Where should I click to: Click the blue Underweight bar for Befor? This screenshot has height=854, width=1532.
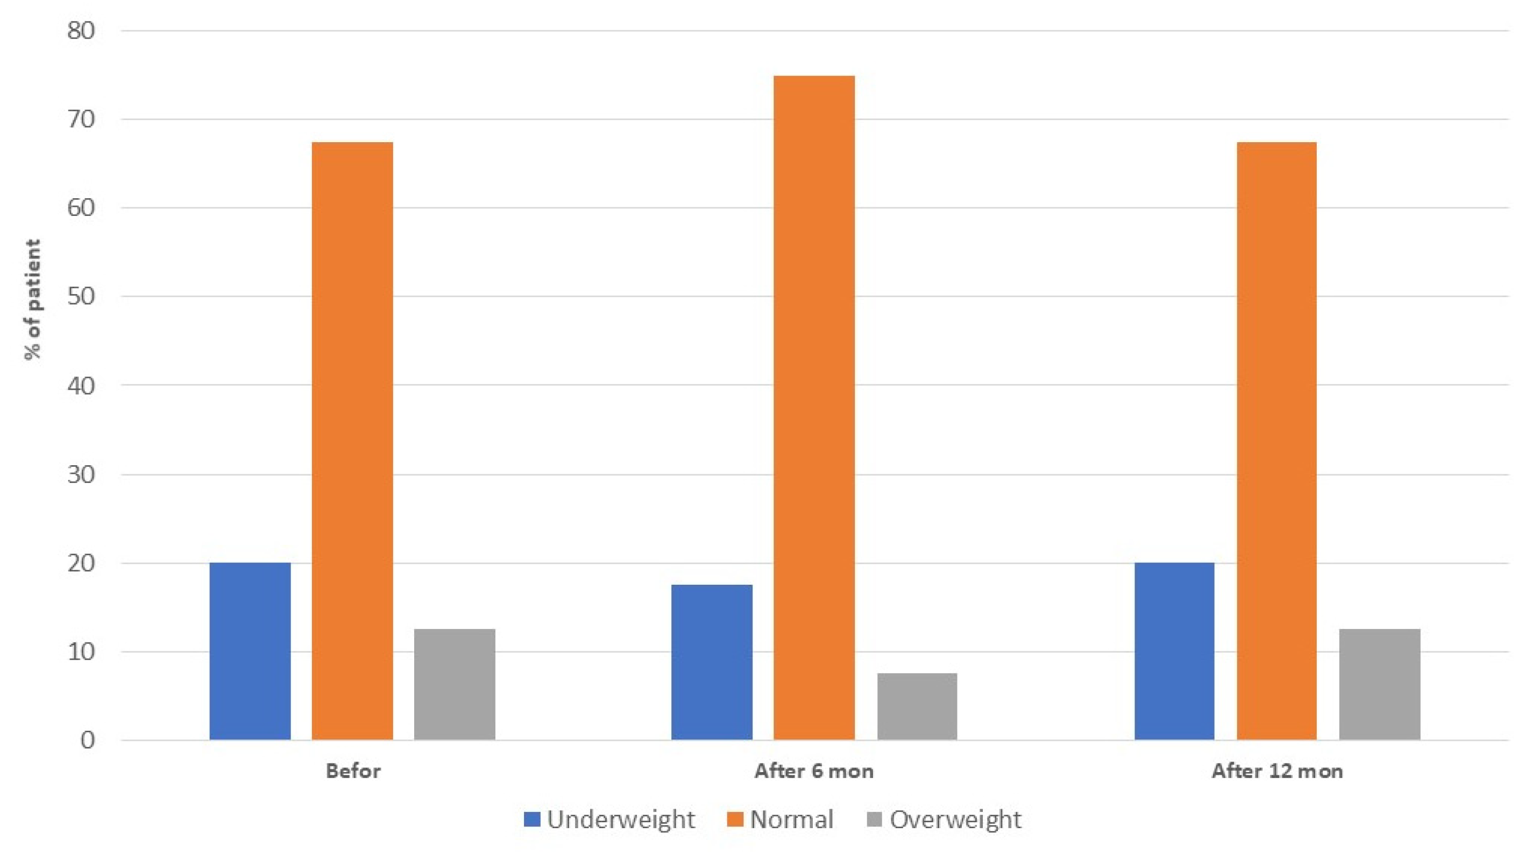pyautogui.click(x=250, y=651)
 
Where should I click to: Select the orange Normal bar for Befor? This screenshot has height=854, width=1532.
pyautogui.click(x=352, y=441)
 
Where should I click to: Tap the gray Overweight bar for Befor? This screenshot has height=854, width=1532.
pyautogui.click(x=455, y=684)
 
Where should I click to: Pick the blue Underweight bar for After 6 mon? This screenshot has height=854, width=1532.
pyautogui.click(x=711, y=662)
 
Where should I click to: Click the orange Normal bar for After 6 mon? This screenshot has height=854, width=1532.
pyautogui.click(x=813, y=408)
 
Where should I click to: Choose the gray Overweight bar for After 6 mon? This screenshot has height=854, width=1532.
pyautogui.click(x=917, y=706)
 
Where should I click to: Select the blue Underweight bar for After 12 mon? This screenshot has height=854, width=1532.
pyautogui.click(x=1174, y=651)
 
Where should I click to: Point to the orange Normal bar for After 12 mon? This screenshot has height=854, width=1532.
pyautogui.click(x=1276, y=441)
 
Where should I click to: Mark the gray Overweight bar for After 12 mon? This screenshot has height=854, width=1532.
pyautogui.click(x=1380, y=684)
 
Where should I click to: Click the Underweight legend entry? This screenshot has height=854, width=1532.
pyautogui.click(x=609, y=820)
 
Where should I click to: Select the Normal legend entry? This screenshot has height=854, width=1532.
pyautogui.click(x=781, y=820)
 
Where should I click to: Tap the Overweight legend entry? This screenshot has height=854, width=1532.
pyautogui.click(x=944, y=820)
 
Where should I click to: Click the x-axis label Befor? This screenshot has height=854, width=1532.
pyautogui.click(x=353, y=772)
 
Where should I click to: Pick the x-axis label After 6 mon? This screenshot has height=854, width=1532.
pyautogui.click(x=813, y=772)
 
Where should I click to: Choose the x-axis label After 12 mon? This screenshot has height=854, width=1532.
pyautogui.click(x=1277, y=772)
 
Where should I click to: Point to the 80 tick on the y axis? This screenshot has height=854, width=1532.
pyautogui.click(x=81, y=31)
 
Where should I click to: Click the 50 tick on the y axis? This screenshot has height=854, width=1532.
pyautogui.click(x=81, y=296)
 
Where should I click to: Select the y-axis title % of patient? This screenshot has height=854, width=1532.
pyautogui.click(x=33, y=299)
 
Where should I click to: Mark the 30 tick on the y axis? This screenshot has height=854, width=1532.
pyautogui.click(x=81, y=474)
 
